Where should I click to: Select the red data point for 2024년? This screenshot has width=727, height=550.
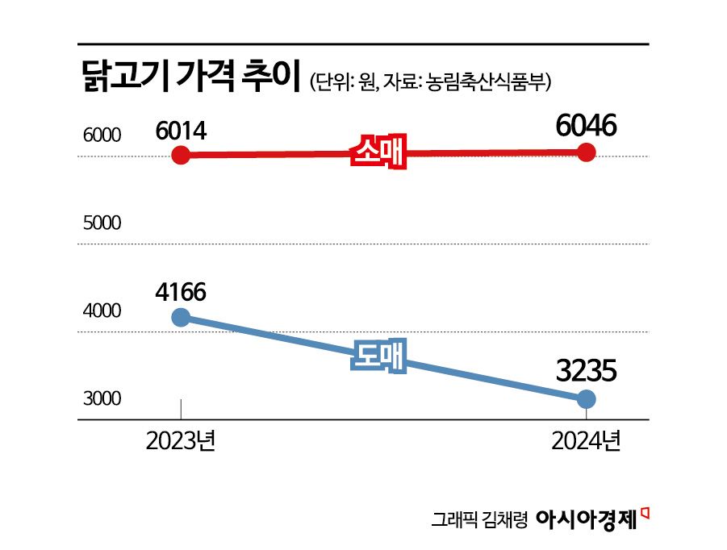(587, 152)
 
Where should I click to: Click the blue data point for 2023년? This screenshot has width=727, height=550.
(182, 318)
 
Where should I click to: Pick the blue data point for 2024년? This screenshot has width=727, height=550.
(587, 398)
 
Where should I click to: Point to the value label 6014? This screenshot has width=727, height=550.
(182, 129)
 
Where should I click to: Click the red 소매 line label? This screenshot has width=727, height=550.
(379, 152)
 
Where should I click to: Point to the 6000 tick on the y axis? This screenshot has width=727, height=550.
(102, 136)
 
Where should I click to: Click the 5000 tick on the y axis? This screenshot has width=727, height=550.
(102, 223)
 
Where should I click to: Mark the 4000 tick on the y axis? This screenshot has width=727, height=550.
(102, 312)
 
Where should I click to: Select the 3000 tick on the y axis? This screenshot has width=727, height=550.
(102, 399)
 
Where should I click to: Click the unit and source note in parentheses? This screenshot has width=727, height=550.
(435, 81)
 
